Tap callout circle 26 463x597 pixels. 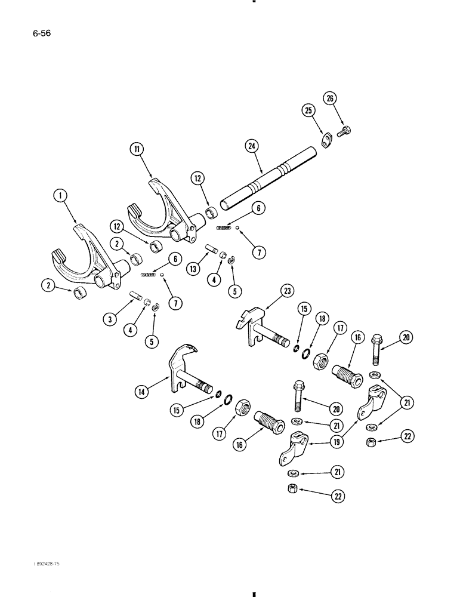click(x=329, y=99)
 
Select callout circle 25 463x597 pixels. click(x=308, y=111)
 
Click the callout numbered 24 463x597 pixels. click(x=251, y=145)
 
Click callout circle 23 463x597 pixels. click(x=288, y=291)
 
